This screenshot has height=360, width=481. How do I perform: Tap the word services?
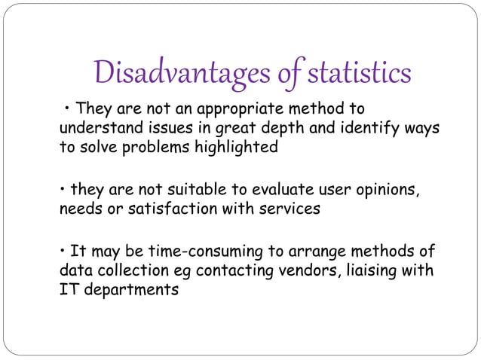[290, 209]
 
